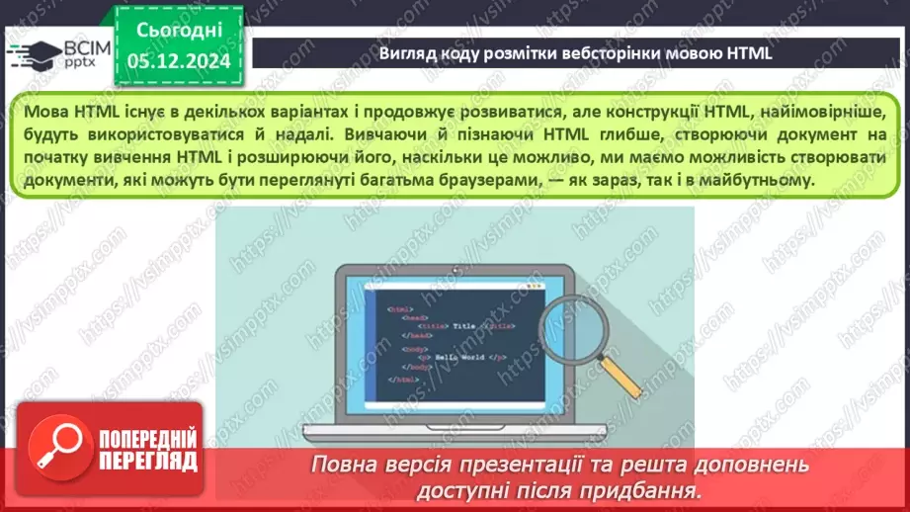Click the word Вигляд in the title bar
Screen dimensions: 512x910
tap(407, 53)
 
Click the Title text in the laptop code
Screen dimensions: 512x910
tap(463, 325)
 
